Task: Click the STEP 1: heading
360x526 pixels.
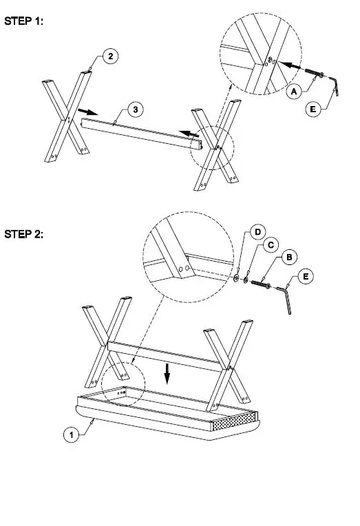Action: (x=24, y=21)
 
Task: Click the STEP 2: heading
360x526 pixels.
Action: (x=24, y=234)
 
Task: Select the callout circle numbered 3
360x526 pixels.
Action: (x=136, y=109)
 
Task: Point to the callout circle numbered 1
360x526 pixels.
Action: (x=70, y=434)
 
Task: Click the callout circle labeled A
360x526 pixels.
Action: (x=294, y=91)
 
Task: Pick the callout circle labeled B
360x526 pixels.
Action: (x=290, y=257)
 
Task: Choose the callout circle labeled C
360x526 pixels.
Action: (x=271, y=244)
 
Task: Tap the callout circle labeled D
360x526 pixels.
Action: (x=256, y=232)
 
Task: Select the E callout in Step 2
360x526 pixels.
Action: (x=306, y=276)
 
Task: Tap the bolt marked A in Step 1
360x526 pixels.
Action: (x=316, y=74)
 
